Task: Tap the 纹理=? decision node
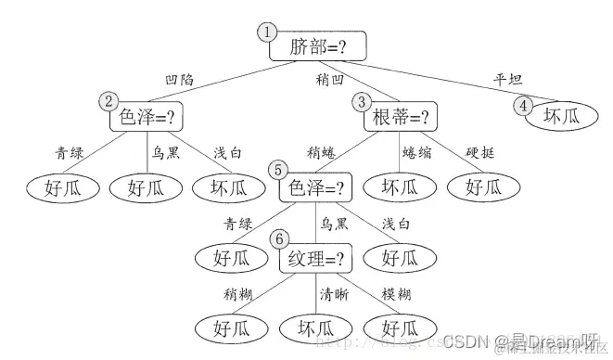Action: click(x=317, y=258)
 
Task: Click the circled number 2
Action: click(x=109, y=101)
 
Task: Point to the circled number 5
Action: click(x=278, y=171)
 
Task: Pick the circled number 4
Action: click(x=525, y=105)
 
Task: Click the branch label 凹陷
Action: click(x=178, y=81)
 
